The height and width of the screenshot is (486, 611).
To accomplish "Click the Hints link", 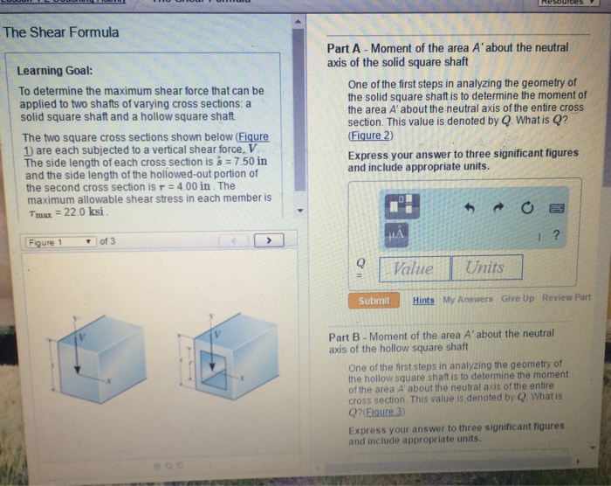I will (423, 300).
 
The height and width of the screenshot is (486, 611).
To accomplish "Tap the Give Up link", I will (518, 299).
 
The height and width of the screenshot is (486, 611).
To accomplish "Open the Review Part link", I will (566, 298).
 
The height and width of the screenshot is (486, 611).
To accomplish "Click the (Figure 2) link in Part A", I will (370, 136).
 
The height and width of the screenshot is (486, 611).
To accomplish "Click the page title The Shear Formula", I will (61, 32).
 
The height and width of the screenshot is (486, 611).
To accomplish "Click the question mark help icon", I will (556, 235).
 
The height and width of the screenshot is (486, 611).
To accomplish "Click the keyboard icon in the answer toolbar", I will (557, 208).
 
